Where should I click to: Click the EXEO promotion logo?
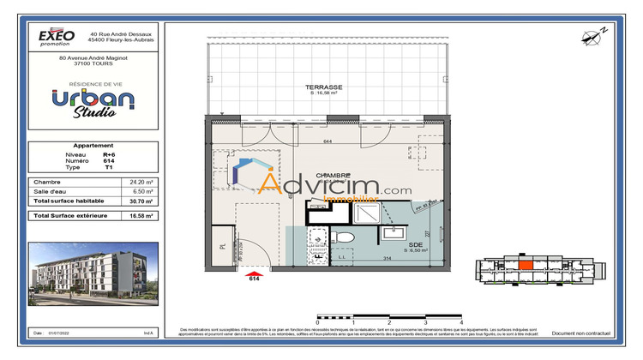point(57,36)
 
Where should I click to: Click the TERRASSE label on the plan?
point(325,87)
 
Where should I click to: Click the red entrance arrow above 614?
point(254,270)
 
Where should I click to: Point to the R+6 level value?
point(109,154)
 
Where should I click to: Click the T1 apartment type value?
point(108,168)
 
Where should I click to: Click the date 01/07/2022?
point(68,332)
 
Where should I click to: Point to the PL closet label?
point(223,246)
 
